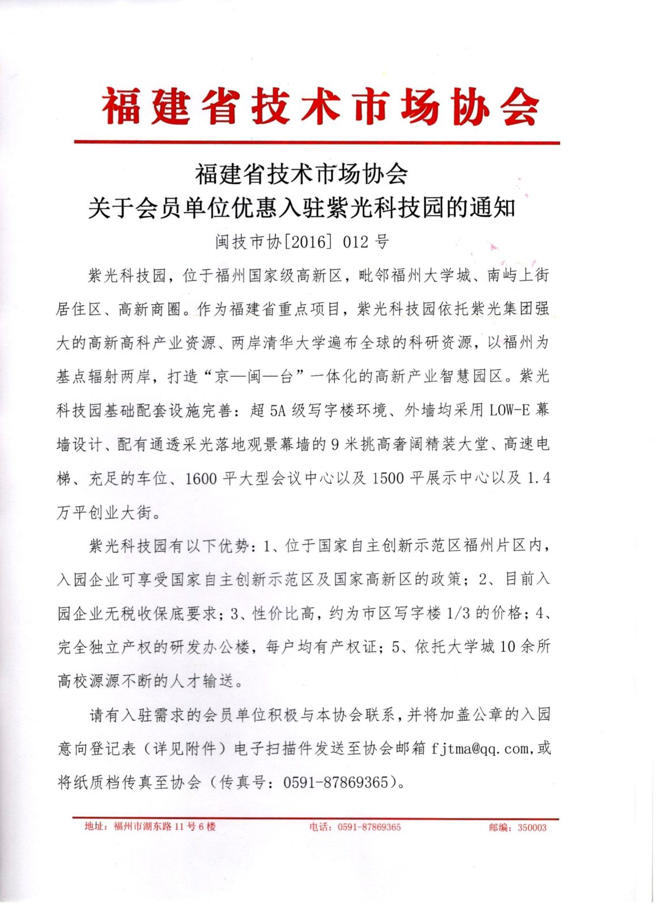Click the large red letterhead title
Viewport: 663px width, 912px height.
(320, 107)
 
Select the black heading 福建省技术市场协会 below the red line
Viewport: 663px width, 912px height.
(301, 174)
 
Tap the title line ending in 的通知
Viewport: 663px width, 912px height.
(301, 208)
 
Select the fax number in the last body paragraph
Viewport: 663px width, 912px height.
(335, 782)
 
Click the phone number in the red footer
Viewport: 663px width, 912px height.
(369, 827)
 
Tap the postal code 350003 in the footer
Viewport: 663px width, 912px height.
(532, 828)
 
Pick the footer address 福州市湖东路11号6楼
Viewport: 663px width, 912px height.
(164, 826)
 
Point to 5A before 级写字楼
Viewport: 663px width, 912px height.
(278, 410)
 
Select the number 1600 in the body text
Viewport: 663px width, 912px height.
(201, 478)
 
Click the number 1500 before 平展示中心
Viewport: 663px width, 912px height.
(388, 478)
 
